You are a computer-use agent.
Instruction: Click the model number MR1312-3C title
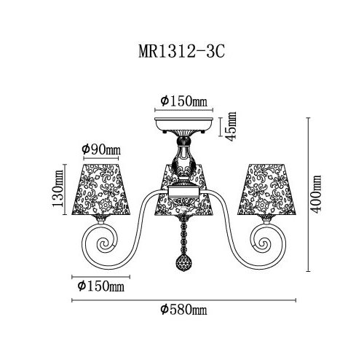[181, 52]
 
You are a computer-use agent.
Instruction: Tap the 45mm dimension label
[231, 126]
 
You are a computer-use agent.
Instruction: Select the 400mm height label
[316, 195]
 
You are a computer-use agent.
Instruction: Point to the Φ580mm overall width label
[183, 310]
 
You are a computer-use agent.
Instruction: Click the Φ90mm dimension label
[101, 149]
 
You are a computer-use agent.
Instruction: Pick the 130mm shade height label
[58, 188]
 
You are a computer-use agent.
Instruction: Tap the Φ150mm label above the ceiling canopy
[184, 101]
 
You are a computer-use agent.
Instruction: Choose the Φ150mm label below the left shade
[100, 286]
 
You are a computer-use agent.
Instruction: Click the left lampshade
[101, 189]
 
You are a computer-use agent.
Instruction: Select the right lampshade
[266, 189]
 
